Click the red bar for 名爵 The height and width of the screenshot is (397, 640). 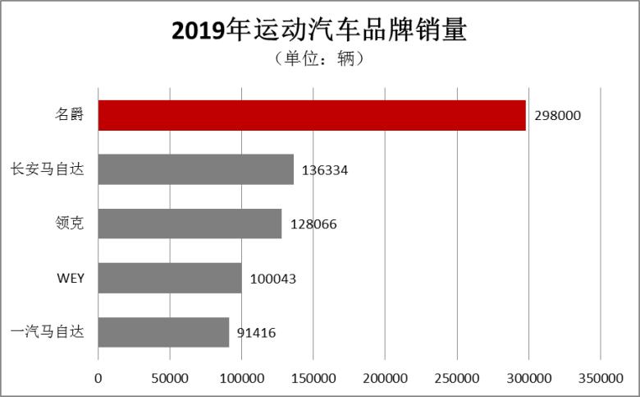[x=312, y=116]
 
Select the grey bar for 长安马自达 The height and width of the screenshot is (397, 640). [x=196, y=169]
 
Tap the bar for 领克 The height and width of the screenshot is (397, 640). [x=190, y=224]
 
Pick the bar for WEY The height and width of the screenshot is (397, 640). [x=170, y=278]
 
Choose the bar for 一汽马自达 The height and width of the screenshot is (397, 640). [x=164, y=332]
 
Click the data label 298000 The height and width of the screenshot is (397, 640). [x=557, y=116]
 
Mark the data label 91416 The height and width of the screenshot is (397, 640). [x=256, y=333]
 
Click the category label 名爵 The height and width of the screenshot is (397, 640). [x=70, y=116]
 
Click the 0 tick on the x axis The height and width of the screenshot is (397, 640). [x=98, y=378]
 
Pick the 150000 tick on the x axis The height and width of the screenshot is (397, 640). [x=313, y=378]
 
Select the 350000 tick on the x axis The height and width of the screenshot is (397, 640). [x=600, y=378]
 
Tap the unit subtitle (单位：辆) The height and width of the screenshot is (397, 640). [x=319, y=60]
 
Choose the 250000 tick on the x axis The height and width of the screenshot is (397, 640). [x=457, y=378]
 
